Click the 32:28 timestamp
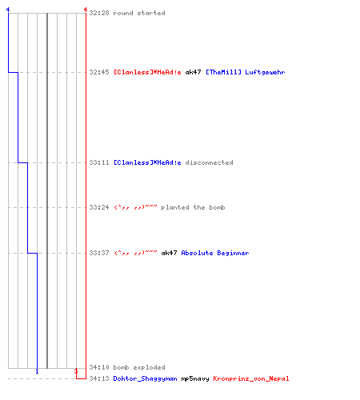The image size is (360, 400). [x=99, y=13]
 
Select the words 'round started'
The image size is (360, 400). [x=139, y=13]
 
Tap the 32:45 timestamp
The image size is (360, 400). [x=99, y=72]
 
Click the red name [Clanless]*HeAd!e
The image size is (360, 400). [x=147, y=72]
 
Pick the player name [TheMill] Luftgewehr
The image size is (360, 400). [x=246, y=72]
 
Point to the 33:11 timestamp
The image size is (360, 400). [x=99, y=162]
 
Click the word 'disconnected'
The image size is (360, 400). [x=209, y=162]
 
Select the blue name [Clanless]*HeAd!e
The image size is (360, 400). [x=147, y=162]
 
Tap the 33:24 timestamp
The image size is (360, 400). [x=99, y=207]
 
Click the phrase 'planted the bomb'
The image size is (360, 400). [x=193, y=207]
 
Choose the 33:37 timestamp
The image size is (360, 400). [x=99, y=253]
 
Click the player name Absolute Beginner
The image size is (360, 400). [x=215, y=253]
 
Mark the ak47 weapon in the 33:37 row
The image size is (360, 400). [x=169, y=253]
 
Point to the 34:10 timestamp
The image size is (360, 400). [x=99, y=367]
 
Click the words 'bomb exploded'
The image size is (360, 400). [x=139, y=367]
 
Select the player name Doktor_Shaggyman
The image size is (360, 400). [x=146, y=378]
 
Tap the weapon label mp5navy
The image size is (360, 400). [x=195, y=378]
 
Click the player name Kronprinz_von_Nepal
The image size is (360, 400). [x=251, y=378]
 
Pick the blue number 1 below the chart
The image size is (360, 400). [x=37, y=371]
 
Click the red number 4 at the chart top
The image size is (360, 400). [x=86, y=10]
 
